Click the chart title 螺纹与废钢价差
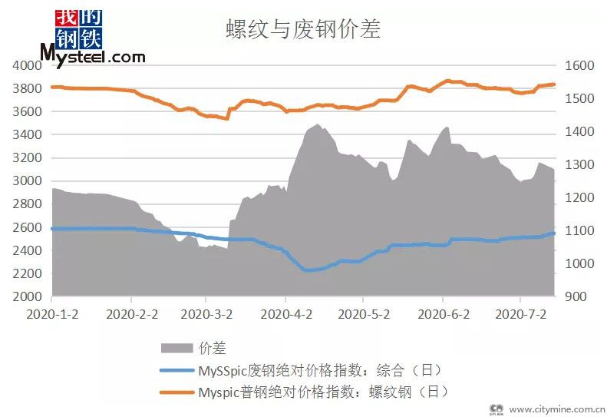[x=303, y=30]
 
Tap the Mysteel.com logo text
[x=92, y=57]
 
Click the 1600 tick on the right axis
[x=579, y=66]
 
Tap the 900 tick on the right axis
[x=576, y=296]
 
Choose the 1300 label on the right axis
[x=579, y=165]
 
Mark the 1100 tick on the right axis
[x=579, y=231]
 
